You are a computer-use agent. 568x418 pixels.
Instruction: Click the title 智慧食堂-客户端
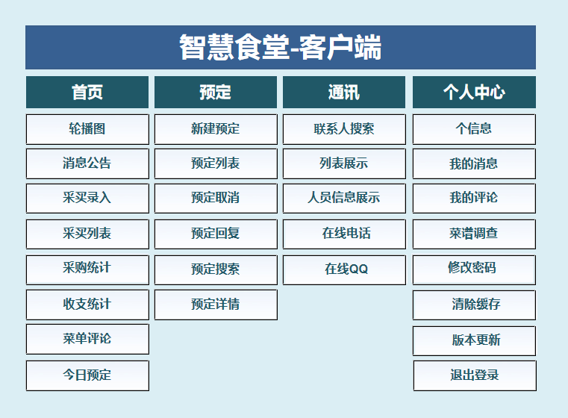[x=281, y=47]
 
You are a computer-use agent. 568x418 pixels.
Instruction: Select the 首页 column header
[x=87, y=92]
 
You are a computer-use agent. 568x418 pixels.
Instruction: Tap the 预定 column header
[x=216, y=92]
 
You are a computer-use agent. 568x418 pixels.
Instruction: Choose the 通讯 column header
[x=344, y=92]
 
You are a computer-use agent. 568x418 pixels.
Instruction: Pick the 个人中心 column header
[x=474, y=92]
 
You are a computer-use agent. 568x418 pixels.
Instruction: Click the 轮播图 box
[x=87, y=129]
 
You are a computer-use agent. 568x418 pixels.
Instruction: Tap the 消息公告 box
[x=87, y=163]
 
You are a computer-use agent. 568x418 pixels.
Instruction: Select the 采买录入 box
[x=87, y=198]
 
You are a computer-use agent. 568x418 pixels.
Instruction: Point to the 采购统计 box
[x=87, y=269]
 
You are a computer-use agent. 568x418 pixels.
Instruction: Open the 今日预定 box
[x=87, y=375]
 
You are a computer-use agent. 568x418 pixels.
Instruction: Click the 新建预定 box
[x=216, y=129]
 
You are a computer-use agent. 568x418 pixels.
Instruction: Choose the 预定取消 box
[x=216, y=198]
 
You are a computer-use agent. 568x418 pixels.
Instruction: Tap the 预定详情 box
[x=216, y=305]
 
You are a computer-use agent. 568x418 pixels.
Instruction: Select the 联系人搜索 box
[x=344, y=129]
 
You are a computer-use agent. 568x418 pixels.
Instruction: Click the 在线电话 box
[x=344, y=234]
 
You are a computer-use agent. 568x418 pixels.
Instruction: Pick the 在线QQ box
[x=344, y=269]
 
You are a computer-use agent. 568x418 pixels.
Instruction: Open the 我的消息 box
[x=474, y=163]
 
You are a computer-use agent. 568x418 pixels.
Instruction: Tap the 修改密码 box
[x=474, y=269]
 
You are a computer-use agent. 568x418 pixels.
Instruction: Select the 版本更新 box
[x=474, y=340]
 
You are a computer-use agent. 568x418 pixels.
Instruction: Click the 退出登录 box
[x=475, y=375]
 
